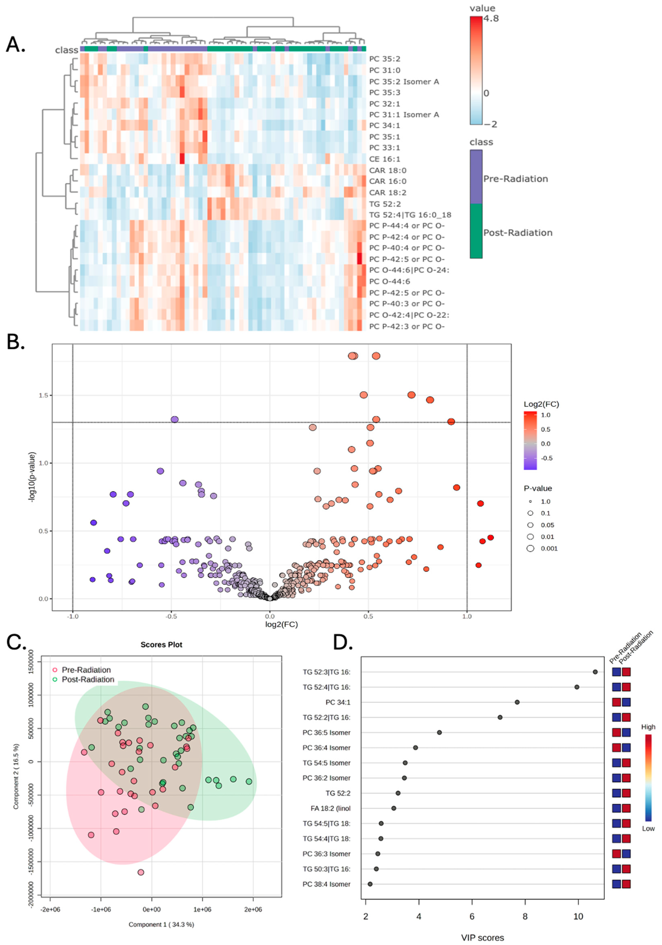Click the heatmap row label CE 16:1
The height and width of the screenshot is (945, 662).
point(384,159)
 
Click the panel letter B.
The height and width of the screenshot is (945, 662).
point(16,342)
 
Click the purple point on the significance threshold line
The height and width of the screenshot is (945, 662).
point(175,419)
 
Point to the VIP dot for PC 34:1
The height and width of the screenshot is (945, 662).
point(517,702)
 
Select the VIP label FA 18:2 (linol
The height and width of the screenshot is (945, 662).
point(330,808)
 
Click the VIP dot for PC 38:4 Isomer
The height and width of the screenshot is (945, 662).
point(370,884)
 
